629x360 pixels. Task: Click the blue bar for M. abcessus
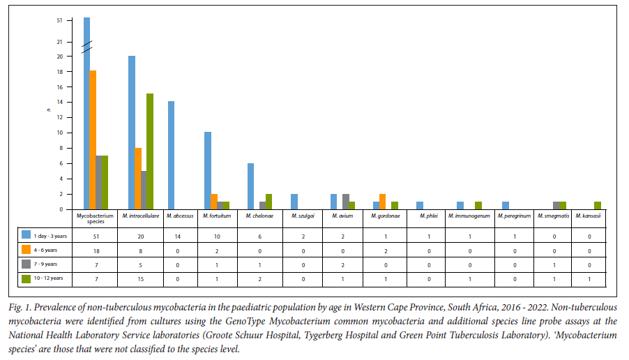coord(171,155)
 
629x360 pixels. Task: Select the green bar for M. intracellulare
coord(149,151)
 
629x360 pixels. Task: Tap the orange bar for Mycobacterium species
coord(93,140)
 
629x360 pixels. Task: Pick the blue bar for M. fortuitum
coord(207,170)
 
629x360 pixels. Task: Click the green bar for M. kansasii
coord(597,206)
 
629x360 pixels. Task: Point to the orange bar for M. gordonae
coord(381,202)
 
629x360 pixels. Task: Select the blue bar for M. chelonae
coord(250,186)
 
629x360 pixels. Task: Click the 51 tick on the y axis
coord(60,20)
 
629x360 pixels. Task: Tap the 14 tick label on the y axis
coord(60,102)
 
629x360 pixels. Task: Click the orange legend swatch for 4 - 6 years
coord(26,248)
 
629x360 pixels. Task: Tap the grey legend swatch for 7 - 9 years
coord(26,264)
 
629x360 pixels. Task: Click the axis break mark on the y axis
coord(86,47)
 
